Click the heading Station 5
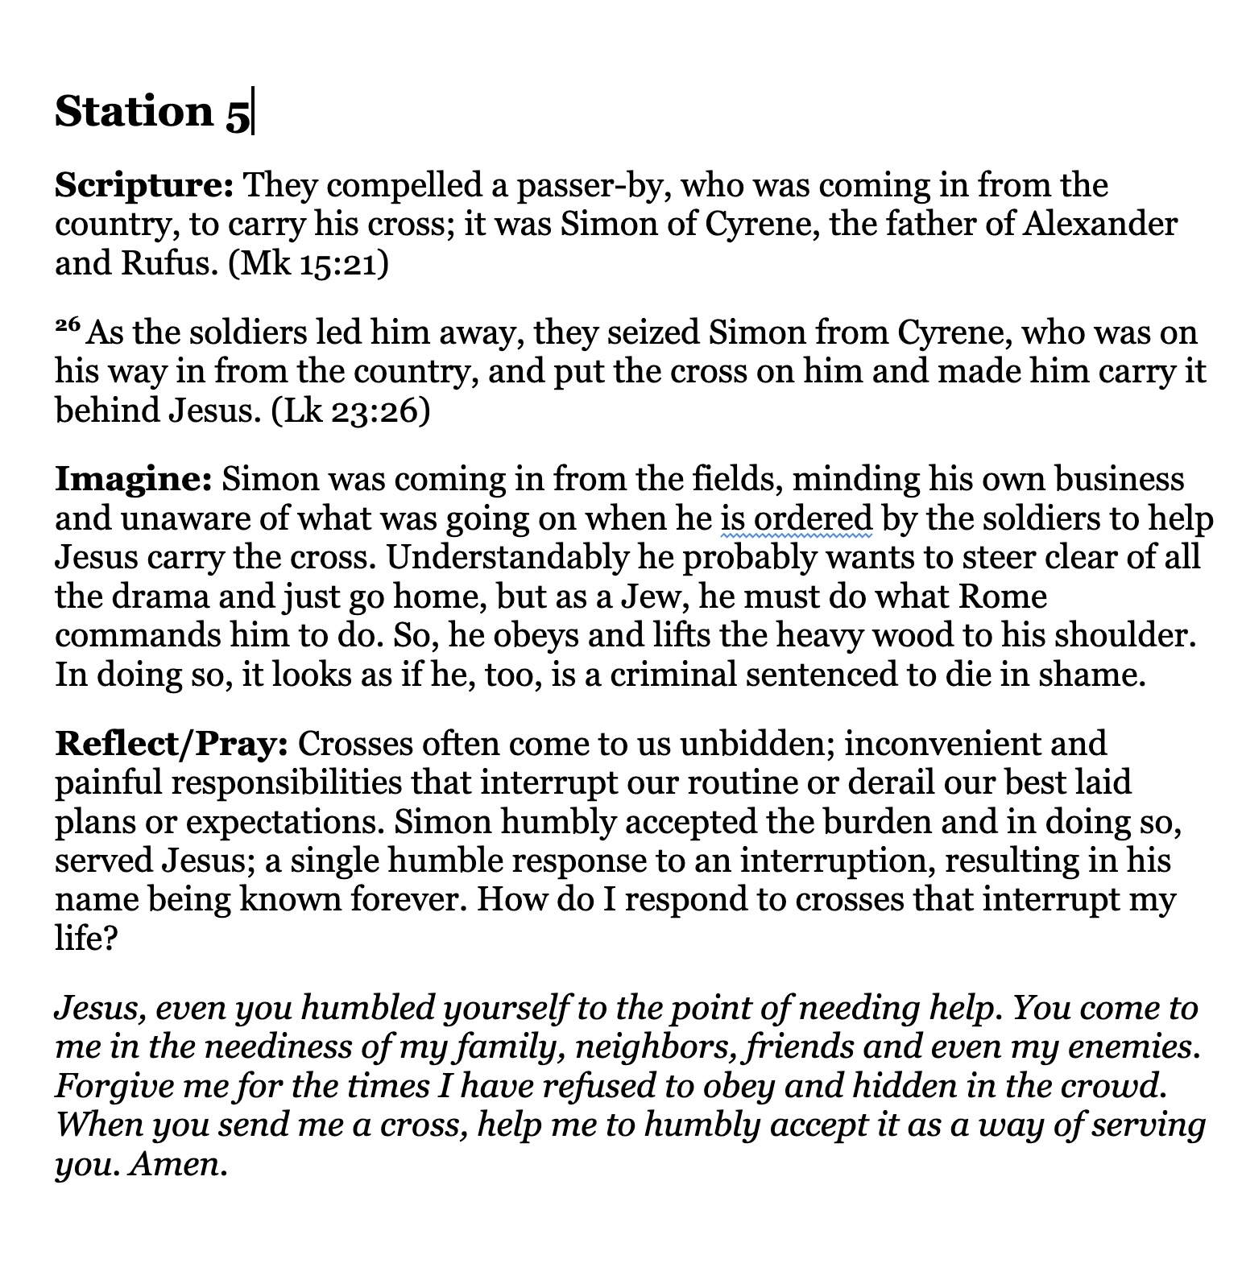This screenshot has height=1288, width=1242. tap(152, 112)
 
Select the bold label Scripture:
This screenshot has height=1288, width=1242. tap(144, 186)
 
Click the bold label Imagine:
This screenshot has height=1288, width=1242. tap(133, 480)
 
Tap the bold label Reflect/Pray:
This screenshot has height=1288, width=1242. tap(171, 744)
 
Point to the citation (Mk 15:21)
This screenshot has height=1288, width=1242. tap(308, 264)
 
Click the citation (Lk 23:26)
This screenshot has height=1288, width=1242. tap(350, 411)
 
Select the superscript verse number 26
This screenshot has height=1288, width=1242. tap(68, 326)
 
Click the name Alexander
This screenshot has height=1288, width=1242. tap(1099, 225)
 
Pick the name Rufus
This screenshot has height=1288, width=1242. tap(169, 264)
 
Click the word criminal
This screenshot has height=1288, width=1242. tap(673, 675)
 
